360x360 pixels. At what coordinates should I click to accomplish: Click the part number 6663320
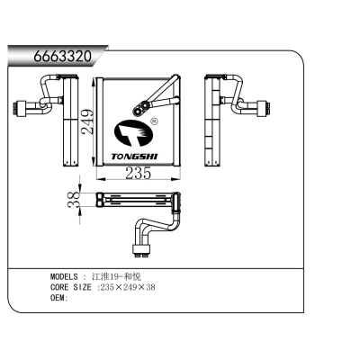(62, 56)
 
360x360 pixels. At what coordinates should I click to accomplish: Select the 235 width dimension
(138, 174)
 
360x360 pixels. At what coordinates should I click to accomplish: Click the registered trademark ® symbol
(154, 120)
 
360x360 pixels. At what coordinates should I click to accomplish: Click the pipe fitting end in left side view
(19, 110)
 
